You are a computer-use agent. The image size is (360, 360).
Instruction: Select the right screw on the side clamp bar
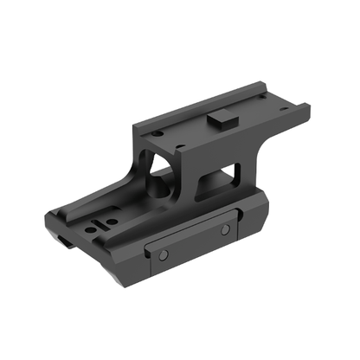click(224, 230)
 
